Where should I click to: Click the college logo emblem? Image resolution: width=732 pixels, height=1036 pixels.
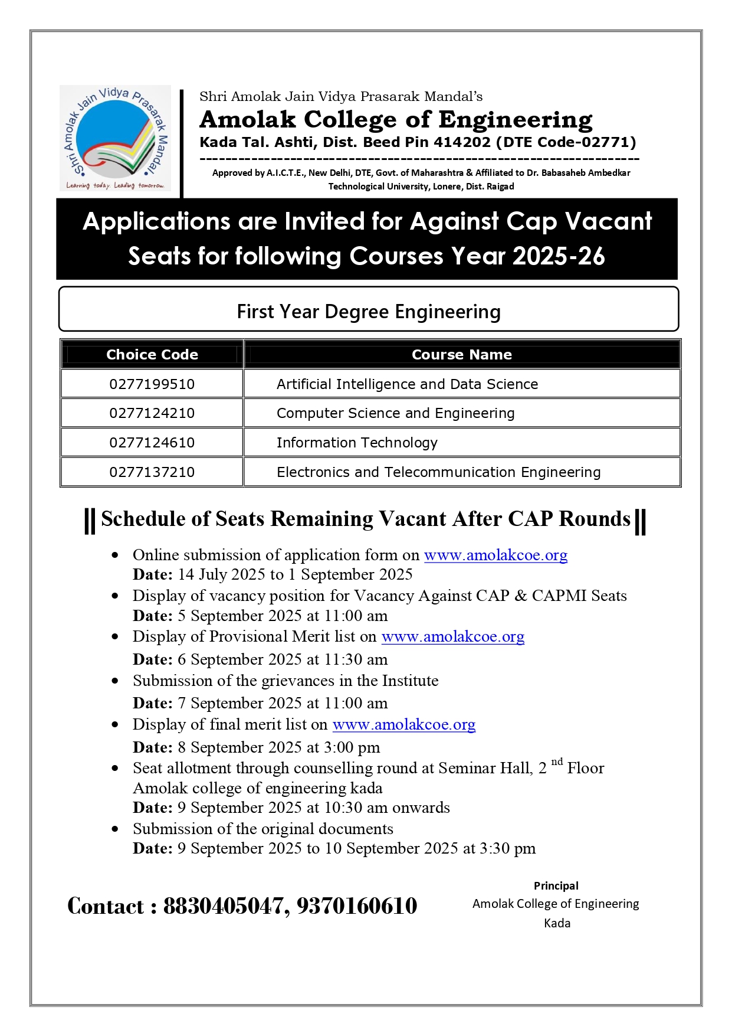click(115, 139)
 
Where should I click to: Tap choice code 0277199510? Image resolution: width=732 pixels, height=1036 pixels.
click(152, 384)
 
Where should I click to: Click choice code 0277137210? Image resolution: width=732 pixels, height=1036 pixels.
click(152, 472)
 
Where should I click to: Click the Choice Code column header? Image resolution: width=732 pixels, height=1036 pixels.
click(152, 355)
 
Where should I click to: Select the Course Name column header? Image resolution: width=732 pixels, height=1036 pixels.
click(461, 355)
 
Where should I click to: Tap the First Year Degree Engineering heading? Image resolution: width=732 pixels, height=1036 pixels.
click(369, 311)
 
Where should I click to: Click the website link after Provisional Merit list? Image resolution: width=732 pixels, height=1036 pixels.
click(452, 636)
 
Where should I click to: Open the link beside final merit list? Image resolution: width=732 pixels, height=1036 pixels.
click(403, 724)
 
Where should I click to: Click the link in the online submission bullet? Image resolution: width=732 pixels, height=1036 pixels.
click(495, 555)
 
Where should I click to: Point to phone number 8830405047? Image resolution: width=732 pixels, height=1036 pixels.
click(226, 906)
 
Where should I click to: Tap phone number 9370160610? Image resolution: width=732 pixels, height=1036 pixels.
click(357, 906)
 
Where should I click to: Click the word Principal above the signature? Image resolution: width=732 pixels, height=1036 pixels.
click(556, 885)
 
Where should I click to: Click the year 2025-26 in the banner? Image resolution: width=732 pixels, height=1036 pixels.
click(559, 256)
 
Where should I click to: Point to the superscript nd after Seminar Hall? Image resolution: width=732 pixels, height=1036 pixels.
click(557, 762)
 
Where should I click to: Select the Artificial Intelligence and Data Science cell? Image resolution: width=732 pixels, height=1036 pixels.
click(407, 384)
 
